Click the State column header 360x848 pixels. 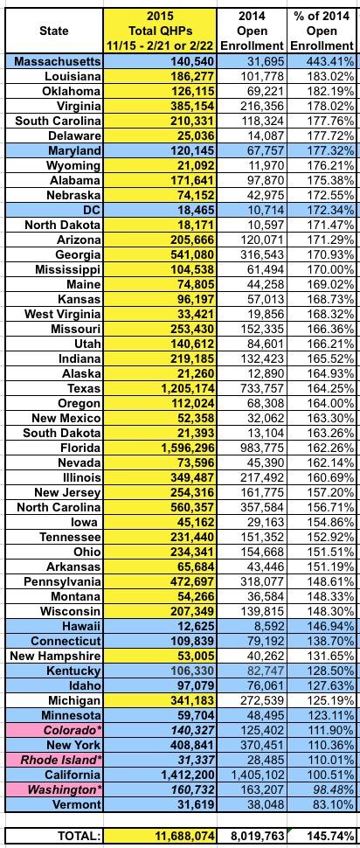click(54, 31)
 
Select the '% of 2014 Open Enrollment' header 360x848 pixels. click(322, 31)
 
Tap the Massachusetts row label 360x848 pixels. click(58, 62)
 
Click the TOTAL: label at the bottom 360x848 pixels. click(76, 836)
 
